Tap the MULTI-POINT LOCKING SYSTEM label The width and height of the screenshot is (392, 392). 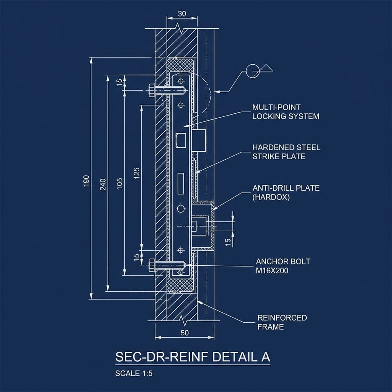[286, 112]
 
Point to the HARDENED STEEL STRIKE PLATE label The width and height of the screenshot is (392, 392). [286, 152]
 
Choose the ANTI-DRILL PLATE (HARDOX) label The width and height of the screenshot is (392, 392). [286, 193]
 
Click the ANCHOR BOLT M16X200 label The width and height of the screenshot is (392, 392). [283, 266]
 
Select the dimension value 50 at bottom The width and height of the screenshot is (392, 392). [185, 333]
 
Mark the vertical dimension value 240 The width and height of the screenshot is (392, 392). [103, 185]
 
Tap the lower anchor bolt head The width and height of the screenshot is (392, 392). [152, 265]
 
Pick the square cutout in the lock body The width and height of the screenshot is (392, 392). [181, 140]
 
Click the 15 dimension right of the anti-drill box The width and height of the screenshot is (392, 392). [228, 242]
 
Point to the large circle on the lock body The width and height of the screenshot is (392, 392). [181, 209]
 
